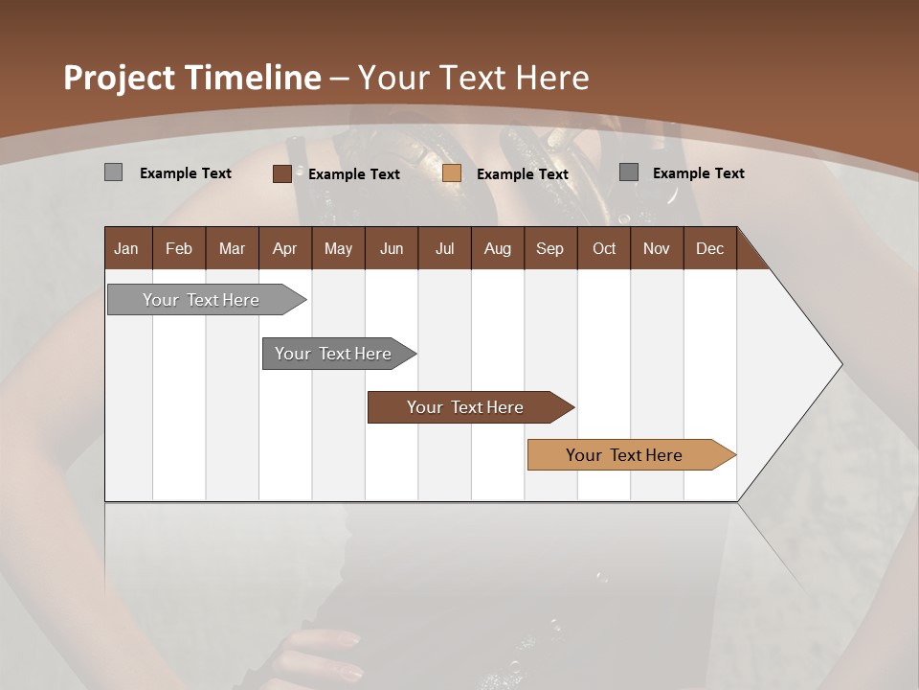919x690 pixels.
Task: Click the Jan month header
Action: [126, 249]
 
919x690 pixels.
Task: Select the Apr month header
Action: [284, 249]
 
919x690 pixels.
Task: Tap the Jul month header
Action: [444, 249]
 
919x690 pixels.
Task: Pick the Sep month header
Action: [549, 249]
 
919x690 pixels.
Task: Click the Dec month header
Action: [709, 249]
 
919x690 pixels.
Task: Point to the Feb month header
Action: [179, 249]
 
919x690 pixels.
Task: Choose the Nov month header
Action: [657, 249]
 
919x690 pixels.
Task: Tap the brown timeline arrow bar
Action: [466, 407]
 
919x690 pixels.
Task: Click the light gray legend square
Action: [113, 172]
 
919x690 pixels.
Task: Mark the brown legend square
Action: [281, 173]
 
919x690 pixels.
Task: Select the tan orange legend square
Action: [452, 173]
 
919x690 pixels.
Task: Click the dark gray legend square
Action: [629, 172]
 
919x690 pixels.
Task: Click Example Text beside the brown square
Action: [353, 174]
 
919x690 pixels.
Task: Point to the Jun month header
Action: [392, 249]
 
